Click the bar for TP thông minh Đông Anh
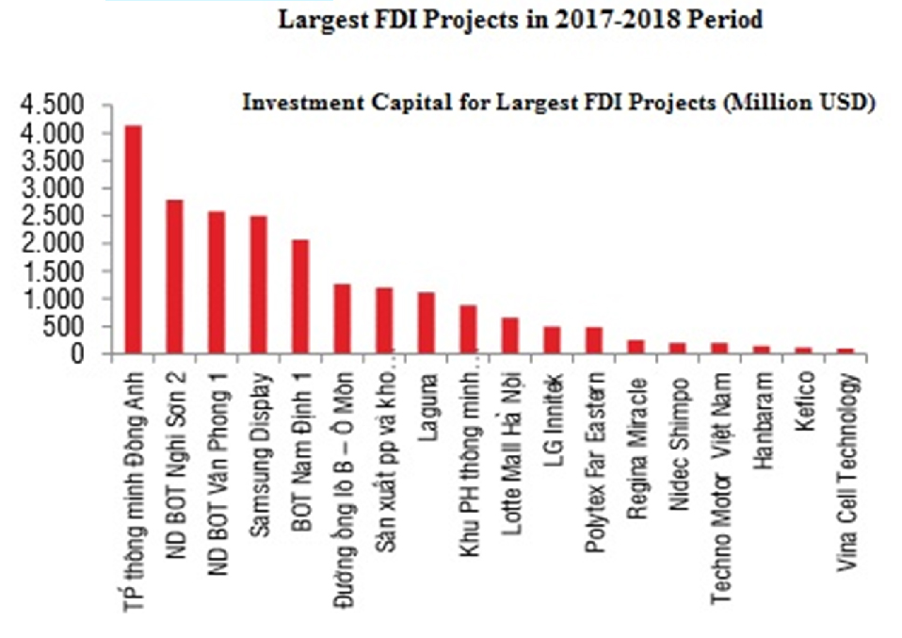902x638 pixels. pos(134,240)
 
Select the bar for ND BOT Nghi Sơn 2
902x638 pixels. pos(175,277)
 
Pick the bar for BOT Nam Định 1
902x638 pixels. pos(299,297)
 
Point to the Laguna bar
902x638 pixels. pos(426,323)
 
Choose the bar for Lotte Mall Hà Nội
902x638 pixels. pos(509,335)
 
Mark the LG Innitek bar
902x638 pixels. pos(551,340)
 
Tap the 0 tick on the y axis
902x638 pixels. pos(92,355)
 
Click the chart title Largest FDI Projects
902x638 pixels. pos(519,21)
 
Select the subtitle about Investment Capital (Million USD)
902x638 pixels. pos(559,103)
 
